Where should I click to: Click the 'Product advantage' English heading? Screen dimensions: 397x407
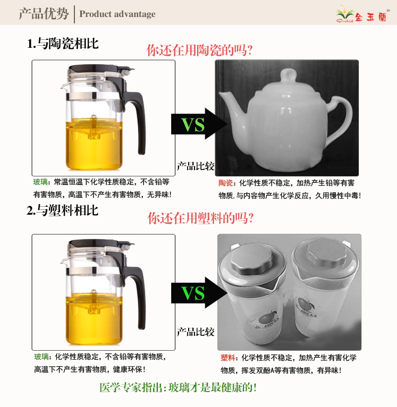[x=117, y=14]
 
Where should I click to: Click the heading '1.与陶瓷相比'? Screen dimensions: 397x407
[x=63, y=44]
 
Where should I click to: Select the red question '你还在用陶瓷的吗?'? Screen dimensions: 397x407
[x=199, y=50]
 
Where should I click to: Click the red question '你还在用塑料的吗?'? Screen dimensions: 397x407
[x=200, y=218]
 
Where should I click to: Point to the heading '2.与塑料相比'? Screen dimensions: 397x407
[x=63, y=210]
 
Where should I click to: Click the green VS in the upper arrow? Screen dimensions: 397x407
[x=193, y=125]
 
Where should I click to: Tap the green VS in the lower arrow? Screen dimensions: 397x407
[x=193, y=293]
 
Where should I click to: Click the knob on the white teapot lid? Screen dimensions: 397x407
[x=288, y=75]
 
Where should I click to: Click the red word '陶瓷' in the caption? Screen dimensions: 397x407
[x=225, y=183]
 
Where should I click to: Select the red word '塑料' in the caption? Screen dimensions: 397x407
[x=227, y=358]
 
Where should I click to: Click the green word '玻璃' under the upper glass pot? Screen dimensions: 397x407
[x=40, y=182]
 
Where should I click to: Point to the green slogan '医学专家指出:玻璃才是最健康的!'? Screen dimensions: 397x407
[x=178, y=387]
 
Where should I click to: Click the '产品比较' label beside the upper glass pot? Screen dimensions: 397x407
[x=196, y=166]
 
